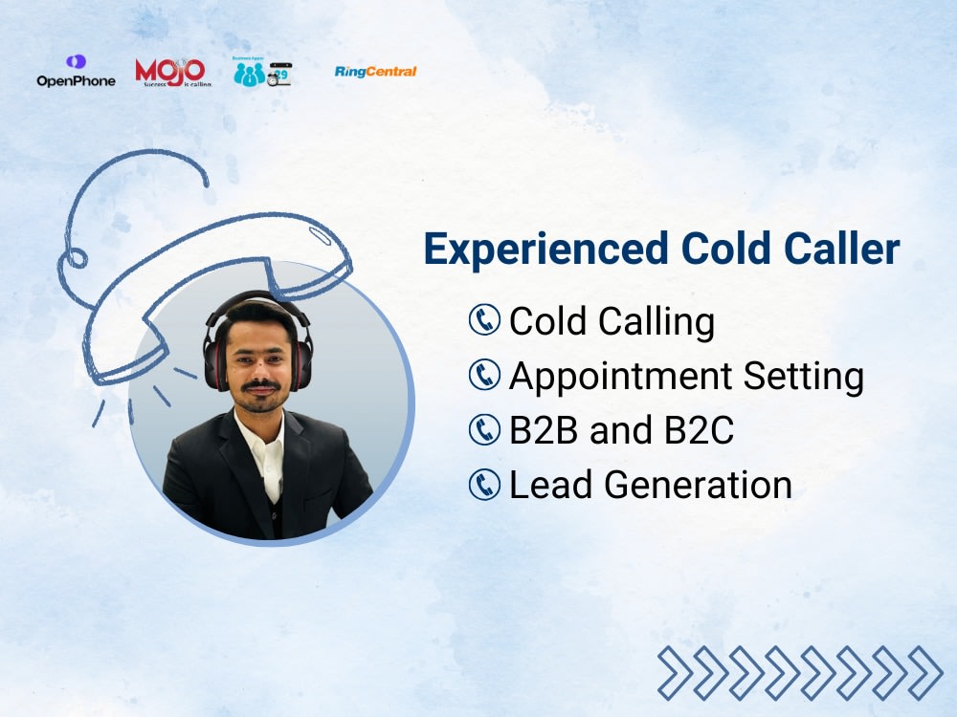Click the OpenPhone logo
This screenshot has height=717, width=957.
click(x=76, y=72)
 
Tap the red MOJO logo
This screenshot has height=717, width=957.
click(x=171, y=72)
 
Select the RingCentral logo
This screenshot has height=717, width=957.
click(x=375, y=72)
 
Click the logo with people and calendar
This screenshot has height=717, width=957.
click(x=262, y=72)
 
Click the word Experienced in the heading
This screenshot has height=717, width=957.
click(x=545, y=250)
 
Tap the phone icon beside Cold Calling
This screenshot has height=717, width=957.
click(x=485, y=320)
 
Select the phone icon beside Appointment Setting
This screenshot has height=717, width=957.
click(x=485, y=376)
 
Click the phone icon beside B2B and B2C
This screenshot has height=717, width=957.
click(x=485, y=430)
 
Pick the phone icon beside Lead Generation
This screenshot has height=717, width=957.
click(x=485, y=485)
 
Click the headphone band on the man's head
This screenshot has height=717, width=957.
click(x=256, y=298)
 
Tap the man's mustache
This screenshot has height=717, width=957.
click(x=259, y=385)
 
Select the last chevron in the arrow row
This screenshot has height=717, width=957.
click(x=924, y=672)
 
